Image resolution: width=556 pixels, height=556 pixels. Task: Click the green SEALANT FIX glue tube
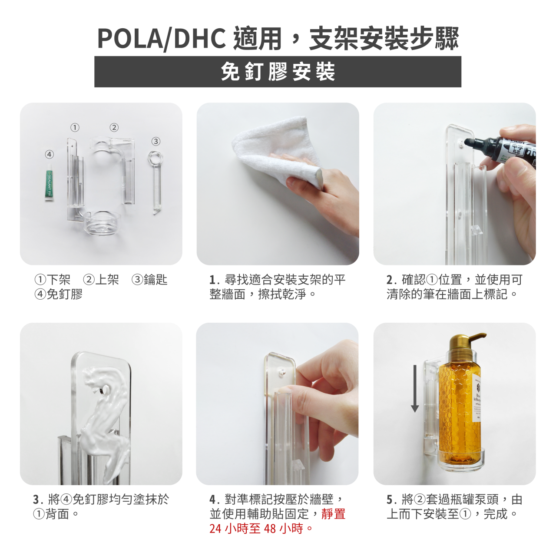tap(50, 182)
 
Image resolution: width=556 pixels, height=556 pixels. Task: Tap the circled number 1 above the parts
tap(75, 127)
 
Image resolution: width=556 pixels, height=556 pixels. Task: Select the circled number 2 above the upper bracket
tap(114, 127)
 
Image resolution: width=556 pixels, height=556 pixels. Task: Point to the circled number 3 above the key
tap(156, 141)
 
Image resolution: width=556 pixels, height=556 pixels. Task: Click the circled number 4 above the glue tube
tap(50, 154)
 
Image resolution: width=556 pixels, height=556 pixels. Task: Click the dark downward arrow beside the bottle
tap(415, 388)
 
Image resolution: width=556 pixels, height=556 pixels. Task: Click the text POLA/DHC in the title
tap(161, 39)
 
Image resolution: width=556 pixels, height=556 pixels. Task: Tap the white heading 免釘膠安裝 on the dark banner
tap(278, 72)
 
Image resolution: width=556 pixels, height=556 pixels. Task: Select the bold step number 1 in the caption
tap(213, 280)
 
